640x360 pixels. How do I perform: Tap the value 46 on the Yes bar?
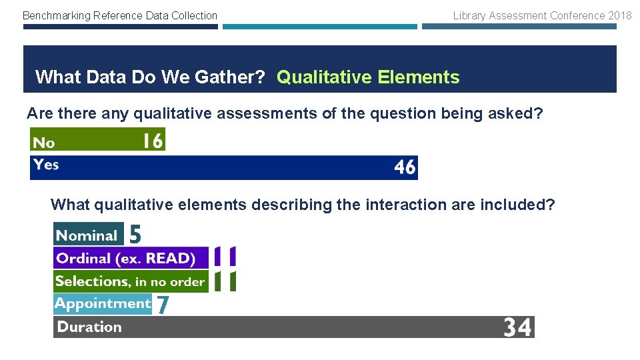405,167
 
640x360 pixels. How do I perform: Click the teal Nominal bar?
88,235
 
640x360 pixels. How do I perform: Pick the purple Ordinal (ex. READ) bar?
131,258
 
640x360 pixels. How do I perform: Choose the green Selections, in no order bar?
131,281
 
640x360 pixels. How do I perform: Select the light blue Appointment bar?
103,304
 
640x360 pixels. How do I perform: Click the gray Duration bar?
293,327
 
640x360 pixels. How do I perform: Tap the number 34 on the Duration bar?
517,327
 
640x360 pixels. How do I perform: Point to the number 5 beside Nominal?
135,234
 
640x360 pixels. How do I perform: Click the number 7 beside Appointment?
162,305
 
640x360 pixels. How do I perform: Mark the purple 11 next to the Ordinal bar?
225,257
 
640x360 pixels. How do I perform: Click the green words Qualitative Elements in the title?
368,77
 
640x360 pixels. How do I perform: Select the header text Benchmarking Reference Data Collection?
120,15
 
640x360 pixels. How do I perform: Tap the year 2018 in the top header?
619,15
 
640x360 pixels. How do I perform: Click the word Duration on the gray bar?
89,327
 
